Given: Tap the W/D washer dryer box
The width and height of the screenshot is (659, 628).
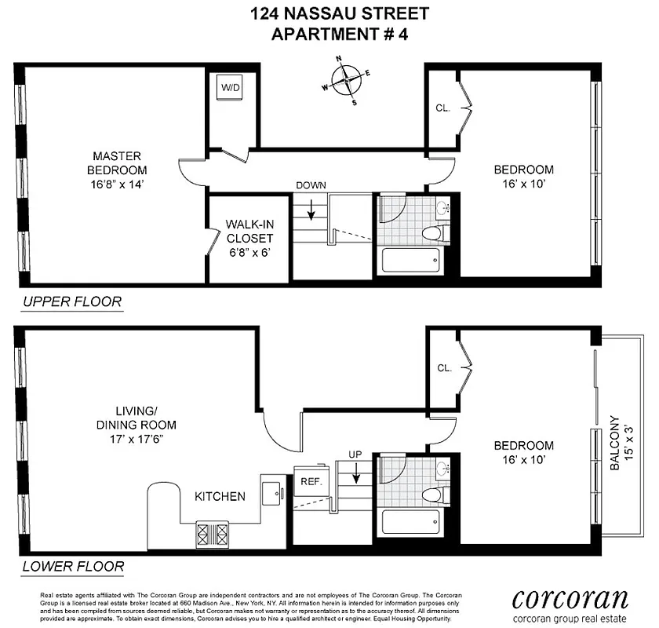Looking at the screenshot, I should [x=230, y=89].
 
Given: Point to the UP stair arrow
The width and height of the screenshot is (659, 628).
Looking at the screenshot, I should [x=355, y=473].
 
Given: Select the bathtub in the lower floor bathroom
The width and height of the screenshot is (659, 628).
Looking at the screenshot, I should [x=410, y=524].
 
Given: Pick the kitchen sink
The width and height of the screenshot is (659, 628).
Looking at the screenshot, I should [x=274, y=493].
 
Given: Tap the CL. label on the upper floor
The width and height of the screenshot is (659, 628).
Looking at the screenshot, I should [x=442, y=108].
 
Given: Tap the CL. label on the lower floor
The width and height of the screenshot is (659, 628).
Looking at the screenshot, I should [x=442, y=368].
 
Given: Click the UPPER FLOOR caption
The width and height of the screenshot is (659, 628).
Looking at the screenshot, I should [x=72, y=301].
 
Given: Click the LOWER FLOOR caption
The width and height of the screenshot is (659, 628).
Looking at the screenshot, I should [x=73, y=565].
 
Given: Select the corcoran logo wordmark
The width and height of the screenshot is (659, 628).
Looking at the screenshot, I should [x=570, y=599].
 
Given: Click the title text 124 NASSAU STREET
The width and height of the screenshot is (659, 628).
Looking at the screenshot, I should [x=340, y=13].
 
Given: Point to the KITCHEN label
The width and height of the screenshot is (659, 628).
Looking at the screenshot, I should [x=220, y=496].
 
